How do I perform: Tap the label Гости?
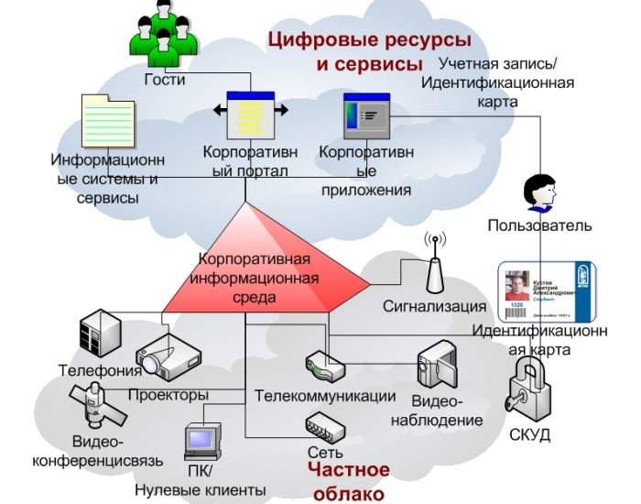click(x=165, y=80)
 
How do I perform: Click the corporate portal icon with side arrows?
click(x=251, y=114)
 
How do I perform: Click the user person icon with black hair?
click(x=538, y=192)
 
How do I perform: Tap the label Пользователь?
click(x=539, y=225)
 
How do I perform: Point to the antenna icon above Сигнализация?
click(x=434, y=260)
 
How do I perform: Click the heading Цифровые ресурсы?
click(x=369, y=40)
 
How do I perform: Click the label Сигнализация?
click(x=434, y=306)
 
